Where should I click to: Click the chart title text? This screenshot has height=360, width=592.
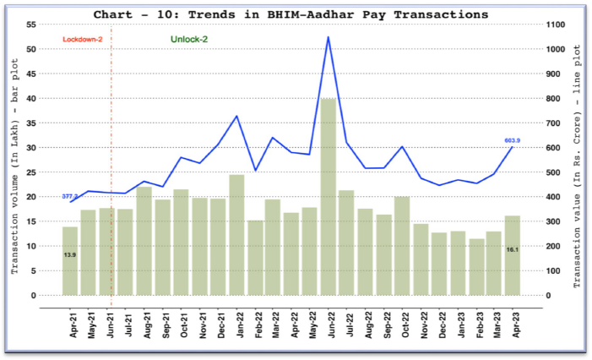291,14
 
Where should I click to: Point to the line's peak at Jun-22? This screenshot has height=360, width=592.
328,37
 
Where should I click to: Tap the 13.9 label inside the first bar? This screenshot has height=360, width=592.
69,254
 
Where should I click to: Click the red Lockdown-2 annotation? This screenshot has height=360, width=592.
82,40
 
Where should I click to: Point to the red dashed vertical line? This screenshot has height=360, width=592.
111,169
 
